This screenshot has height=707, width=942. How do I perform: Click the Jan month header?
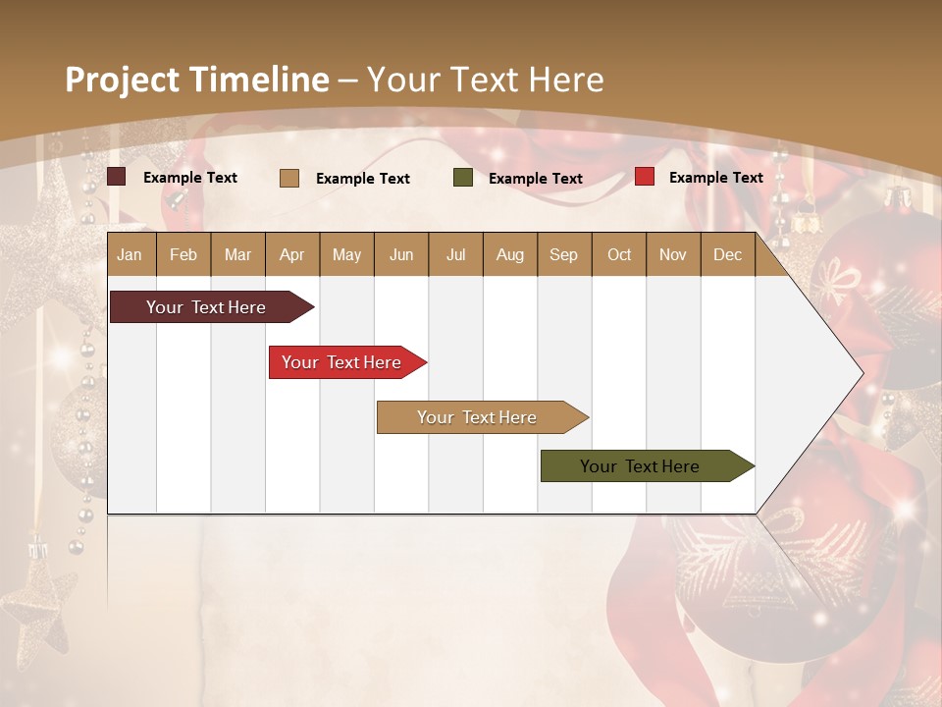point(131,254)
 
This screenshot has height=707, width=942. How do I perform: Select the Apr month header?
point(291,254)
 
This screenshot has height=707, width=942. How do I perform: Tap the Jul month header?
point(455,254)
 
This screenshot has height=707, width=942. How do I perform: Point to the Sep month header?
point(563,254)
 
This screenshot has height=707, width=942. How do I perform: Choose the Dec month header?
point(727,254)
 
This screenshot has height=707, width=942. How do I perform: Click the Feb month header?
point(183,254)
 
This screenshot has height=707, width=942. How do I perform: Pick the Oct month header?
point(619,254)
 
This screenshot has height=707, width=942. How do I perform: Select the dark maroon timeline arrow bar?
point(207,307)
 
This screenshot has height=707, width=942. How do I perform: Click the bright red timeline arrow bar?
point(342,362)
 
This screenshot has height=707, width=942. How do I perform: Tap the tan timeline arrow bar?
point(478,417)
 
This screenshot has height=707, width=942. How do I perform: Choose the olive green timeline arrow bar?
point(642,466)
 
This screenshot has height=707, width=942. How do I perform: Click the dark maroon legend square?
point(117,177)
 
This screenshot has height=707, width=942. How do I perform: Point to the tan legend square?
point(289,178)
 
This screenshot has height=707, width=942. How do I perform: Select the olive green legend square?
point(463,178)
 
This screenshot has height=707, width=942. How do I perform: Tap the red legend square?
point(645,177)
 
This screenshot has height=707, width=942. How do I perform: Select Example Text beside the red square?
point(715,178)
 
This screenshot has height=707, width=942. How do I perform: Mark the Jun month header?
point(401,254)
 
